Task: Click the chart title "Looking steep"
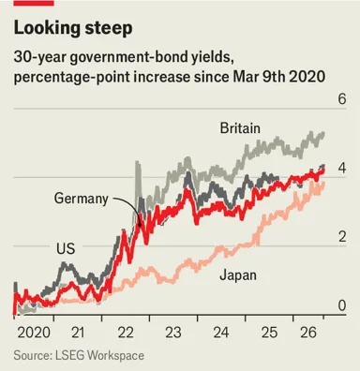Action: pos(73,28)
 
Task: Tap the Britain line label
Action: pos(240,128)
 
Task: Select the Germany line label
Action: pos(82,199)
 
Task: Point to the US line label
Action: pos(66,248)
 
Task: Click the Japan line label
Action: pos(238,275)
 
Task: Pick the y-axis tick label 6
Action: pos(342,99)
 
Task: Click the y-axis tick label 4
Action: pos(342,169)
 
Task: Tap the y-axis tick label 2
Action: pos(342,237)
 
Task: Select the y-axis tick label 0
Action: pos(342,305)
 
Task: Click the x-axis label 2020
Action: pos(34,333)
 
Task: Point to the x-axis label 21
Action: pos(78,333)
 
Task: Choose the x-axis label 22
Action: pos(126,333)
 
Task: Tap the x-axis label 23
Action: pos(173,333)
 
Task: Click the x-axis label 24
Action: pos(221,333)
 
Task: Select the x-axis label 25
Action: pos(269,333)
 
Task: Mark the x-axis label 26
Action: pos(308,333)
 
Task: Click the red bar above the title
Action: pos(34,3)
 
